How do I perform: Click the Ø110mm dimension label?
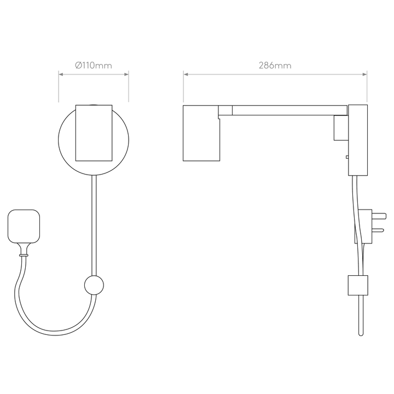pyautogui.click(x=94, y=66)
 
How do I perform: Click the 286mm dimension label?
pyautogui.click(x=275, y=66)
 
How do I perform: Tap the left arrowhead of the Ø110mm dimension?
pyautogui.click(x=61, y=74)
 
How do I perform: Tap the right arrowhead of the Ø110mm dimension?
pyautogui.click(x=126, y=74)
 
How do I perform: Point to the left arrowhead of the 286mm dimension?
pyautogui.click(x=186, y=74)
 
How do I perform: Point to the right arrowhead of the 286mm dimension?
pyautogui.click(x=364, y=74)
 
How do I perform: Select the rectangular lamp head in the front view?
pyautogui.click(x=94, y=133)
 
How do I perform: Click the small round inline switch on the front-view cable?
pyautogui.click(x=94, y=285)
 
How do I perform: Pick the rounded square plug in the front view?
pyautogui.click(x=24, y=226)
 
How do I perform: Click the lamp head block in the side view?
pyautogui.click(x=201, y=133)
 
